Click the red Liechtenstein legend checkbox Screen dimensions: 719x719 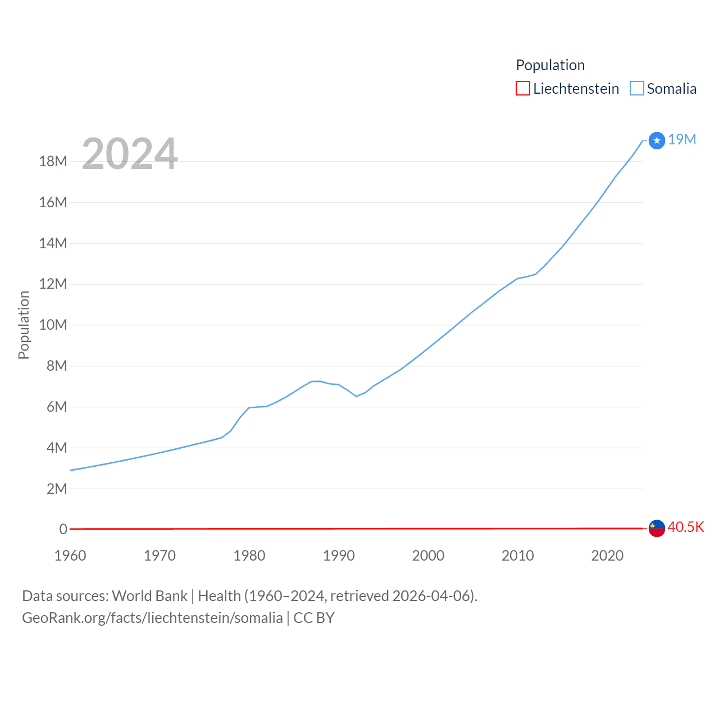[x=522, y=89]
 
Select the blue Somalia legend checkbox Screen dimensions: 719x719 [x=636, y=89]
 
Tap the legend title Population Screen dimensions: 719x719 [x=550, y=65]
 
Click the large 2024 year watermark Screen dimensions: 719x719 [x=130, y=154]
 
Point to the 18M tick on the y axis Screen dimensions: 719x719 [x=53, y=162]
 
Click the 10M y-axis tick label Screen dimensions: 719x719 [x=53, y=325]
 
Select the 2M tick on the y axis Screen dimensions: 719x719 [x=56, y=489]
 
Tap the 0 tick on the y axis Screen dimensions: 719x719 [x=63, y=530]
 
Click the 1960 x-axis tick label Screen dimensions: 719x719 [x=70, y=556]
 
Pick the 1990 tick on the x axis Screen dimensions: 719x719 [x=339, y=556]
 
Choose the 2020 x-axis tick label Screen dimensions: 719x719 [x=607, y=556]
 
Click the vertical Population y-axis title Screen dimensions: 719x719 [x=24, y=325]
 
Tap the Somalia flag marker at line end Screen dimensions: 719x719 [x=657, y=140]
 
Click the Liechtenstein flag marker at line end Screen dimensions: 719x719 [x=657, y=529]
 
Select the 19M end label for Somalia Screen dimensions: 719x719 [x=682, y=139]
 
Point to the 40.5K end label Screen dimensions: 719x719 [x=685, y=527]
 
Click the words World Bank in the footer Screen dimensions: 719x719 [x=149, y=595]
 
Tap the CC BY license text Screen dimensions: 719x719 [x=313, y=618]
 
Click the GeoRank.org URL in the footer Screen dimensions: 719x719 [x=152, y=618]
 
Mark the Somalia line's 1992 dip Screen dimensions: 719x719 [x=356, y=396]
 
